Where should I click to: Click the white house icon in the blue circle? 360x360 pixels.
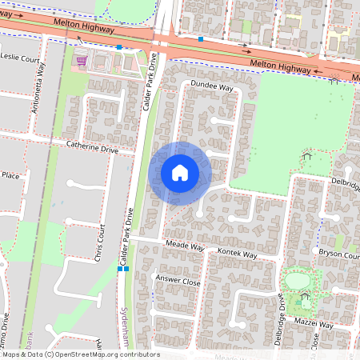pos(180,172)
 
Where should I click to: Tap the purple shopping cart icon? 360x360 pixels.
pos(80,59)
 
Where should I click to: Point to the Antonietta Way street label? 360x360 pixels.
pos(42,80)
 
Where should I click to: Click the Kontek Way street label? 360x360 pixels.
pos(237,254)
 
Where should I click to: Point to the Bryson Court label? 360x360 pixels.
pos(338,254)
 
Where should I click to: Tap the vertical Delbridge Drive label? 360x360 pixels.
pos(281,318)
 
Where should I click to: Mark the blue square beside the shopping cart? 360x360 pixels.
pos(119,48)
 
